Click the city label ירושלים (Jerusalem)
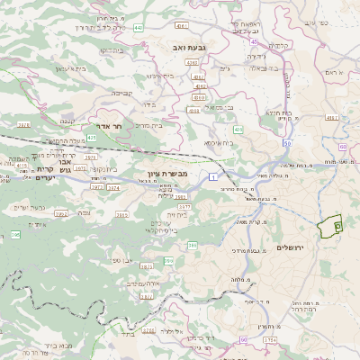291,247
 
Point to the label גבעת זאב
192,45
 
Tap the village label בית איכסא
219,142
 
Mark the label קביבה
121,92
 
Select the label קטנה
66,121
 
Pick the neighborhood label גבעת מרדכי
247,250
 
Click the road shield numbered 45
255,41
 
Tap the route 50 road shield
243,339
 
